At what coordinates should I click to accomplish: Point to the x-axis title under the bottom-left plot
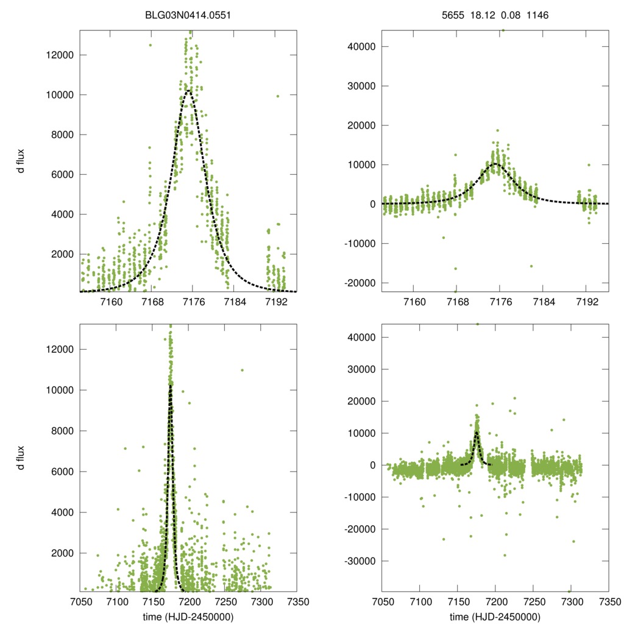click(187, 617)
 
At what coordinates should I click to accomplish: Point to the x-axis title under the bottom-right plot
click(495, 617)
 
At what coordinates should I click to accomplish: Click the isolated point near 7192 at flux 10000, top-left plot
click(278, 96)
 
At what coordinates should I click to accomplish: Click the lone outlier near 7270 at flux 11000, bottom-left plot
click(242, 370)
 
